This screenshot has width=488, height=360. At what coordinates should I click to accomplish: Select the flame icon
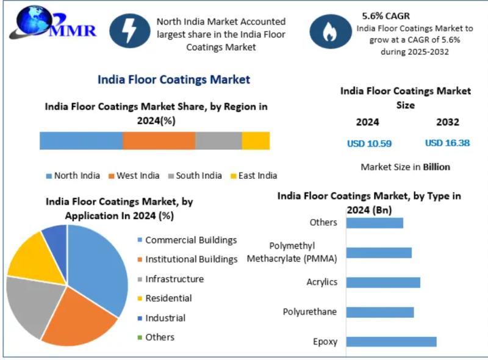(330, 32)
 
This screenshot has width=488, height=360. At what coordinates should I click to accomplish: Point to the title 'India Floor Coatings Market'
(174, 79)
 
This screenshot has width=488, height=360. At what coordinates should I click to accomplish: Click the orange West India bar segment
(159, 140)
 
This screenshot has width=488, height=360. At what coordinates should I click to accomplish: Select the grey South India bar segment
(218, 140)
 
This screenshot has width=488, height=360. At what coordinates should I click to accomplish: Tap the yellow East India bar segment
(256, 140)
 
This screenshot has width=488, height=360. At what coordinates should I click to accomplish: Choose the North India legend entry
(73, 176)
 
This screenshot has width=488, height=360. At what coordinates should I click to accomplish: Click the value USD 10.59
(369, 143)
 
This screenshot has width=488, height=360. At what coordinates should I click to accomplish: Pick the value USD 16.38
(447, 143)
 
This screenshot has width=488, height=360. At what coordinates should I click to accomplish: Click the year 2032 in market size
(447, 122)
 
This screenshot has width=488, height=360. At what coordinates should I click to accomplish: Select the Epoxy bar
(391, 341)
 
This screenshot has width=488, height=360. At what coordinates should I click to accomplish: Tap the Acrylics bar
(383, 282)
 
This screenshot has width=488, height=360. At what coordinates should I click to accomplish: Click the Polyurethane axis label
(310, 312)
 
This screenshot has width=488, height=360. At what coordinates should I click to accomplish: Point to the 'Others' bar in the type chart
(375, 223)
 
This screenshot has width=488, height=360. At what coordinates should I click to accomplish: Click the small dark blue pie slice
(56, 238)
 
